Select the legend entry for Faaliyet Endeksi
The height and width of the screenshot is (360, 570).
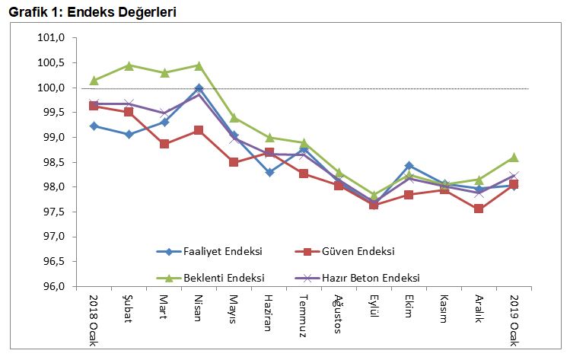point(224,251)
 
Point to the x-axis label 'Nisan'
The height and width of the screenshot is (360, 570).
point(199,309)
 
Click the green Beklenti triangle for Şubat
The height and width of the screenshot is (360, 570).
point(129,65)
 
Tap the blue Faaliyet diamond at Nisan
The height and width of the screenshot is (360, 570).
point(199,88)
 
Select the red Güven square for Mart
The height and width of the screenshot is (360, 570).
point(164,144)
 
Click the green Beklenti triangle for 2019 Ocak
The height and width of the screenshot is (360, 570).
point(514,158)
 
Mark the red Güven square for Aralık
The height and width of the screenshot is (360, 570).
point(479,209)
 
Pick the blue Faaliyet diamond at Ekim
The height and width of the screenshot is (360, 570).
point(409,165)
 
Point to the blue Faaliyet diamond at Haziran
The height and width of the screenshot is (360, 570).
point(269,173)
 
